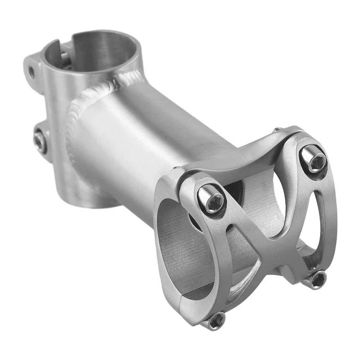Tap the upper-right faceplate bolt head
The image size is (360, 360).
[x=313, y=160]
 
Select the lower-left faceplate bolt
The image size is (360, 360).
[x=215, y=321]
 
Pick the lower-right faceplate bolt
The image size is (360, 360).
[x=317, y=279]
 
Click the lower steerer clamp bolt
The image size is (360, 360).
[x=39, y=140]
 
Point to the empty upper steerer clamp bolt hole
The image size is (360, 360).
[x=32, y=72]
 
